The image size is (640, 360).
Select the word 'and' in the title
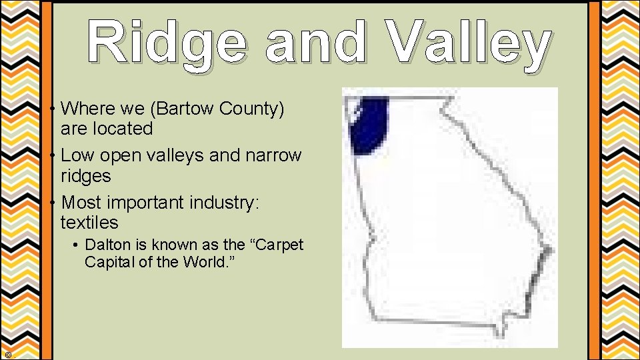(x=315, y=43)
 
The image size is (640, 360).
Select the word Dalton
(x=107, y=245)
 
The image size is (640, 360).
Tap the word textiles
(x=89, y=222)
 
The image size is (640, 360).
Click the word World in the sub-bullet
(x=200, y=262)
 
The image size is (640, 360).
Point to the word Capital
(x=107, y=262)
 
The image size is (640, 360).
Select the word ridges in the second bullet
(x=85, y=176)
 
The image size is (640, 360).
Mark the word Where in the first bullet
(x=87, y=108)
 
